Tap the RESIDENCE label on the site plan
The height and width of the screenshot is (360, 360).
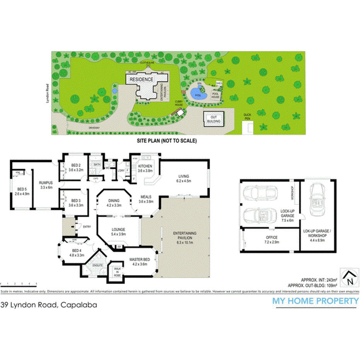pyautogui.click(x=141, y=80)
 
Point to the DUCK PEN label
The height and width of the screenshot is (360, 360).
pyautogui.click(x=247, y=115)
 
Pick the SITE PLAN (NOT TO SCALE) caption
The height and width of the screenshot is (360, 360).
pyautogui.click(x=167, y=141)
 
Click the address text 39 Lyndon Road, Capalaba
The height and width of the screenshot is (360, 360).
pyautogui.click(x=49, y=305)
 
